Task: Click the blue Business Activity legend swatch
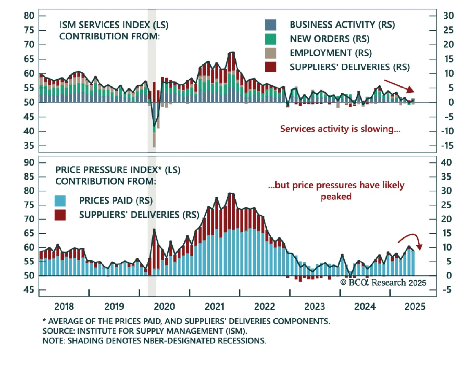270,25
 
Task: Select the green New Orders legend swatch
270,39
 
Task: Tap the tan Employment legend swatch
270,53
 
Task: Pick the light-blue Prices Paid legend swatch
60,201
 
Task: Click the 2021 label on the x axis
215,306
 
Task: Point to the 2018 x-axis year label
64,306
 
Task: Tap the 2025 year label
415,306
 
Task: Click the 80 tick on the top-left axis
29,16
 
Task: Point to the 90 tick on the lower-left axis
29,162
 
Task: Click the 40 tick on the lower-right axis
446,162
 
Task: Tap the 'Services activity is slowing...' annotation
340,129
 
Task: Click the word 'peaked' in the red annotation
336,197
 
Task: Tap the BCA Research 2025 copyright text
383,283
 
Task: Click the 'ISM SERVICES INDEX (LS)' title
114,25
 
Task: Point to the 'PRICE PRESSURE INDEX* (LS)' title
118,170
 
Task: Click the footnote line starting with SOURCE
145,331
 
